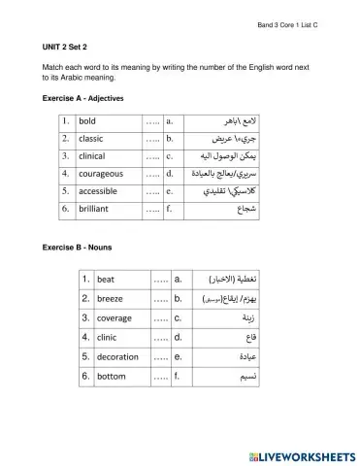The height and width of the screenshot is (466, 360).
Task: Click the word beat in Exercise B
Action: tap(106, 280)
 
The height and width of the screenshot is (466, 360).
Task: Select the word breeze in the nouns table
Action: tap(110, 298)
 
